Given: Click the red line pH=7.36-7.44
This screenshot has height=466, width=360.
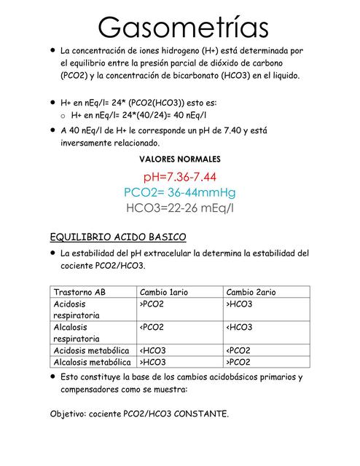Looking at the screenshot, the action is click(x=180, y=177).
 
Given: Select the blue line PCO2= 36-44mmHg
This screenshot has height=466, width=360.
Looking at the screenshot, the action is click(x=180, y=193).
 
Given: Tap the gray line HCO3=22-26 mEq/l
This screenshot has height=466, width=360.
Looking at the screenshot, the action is click(x=180, y=209).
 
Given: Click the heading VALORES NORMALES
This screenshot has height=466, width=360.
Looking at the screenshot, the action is click(x=180, y=159).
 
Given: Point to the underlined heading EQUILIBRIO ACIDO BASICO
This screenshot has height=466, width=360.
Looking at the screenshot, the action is click(x=118, y=237).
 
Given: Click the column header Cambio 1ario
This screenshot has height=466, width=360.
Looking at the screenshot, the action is click(x=164, y=291).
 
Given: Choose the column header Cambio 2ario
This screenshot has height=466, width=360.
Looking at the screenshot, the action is click(x=251, y=291).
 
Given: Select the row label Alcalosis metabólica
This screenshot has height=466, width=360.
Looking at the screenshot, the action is click(x=92, y=362).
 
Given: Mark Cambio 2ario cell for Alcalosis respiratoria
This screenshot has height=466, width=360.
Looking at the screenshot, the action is click(x=240, y=327).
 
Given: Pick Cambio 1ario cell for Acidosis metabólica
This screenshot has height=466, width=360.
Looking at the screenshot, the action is click(x=152, y=350).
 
